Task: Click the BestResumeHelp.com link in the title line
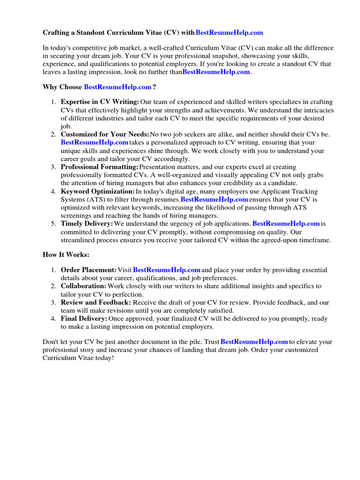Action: point(229,32)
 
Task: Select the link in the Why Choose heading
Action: point(118,87)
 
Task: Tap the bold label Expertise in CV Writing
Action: point(100,102)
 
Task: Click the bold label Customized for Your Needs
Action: point(105,134)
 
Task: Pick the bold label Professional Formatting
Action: point(100,167)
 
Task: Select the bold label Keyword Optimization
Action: point(97,191)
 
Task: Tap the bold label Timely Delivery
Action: point(87,224)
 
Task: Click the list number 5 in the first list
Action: point(53,224)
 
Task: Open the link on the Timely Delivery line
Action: point(286,224)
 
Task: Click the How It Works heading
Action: point(66,255)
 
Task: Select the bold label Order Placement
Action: point(89,270)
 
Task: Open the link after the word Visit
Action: point(167,270)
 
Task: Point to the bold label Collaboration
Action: point(83,286)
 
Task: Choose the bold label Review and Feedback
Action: point(96,302)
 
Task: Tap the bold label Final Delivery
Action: point(84,319)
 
